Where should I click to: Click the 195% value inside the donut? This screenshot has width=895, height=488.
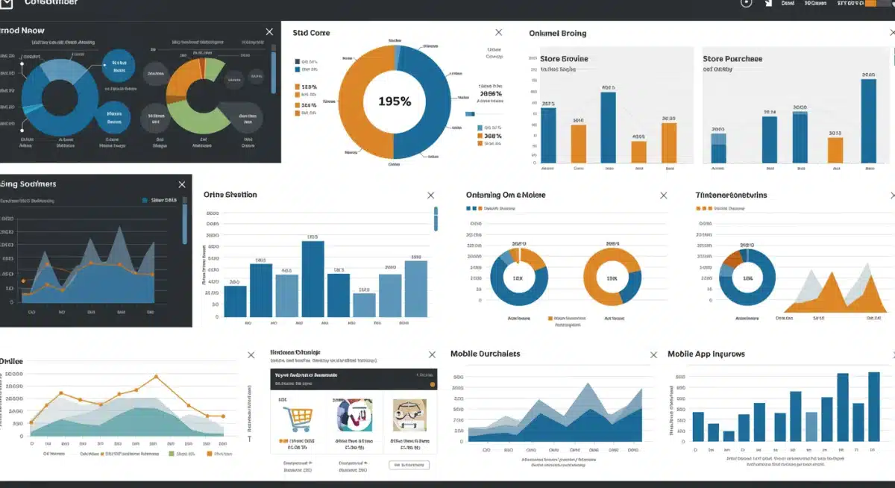point(394,101)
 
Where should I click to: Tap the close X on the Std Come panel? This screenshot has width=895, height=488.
point(499,33)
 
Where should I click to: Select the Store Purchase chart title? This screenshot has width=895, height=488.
point(732,59)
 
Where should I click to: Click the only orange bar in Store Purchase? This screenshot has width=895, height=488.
point(835,149)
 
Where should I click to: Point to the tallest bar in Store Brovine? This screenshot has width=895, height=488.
point(608,127)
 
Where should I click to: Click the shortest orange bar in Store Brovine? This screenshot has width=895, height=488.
point(638,151)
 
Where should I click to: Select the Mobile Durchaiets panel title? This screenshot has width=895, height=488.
point(485,354)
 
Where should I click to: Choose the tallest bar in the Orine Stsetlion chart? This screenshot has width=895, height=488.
point(313,279)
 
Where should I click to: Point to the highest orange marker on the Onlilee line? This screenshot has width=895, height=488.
point(155,377)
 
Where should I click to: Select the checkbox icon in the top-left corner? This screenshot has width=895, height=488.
point(6,4)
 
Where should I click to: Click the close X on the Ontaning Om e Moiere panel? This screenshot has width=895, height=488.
point(664,195)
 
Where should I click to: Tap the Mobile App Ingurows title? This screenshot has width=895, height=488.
point(706,354)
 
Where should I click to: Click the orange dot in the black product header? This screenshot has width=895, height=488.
point(432,384)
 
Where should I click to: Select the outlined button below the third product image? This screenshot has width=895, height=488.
point(409,465)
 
